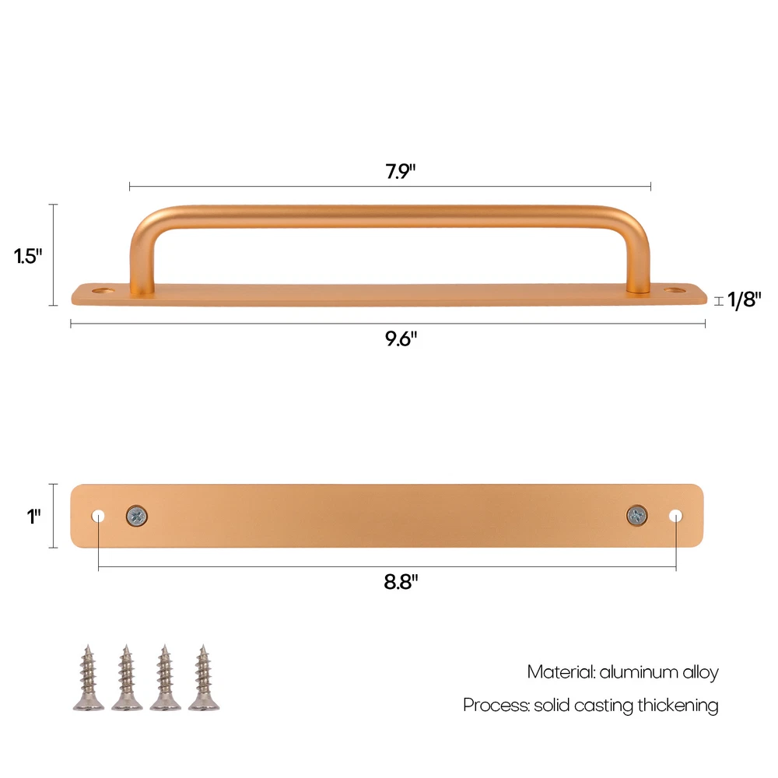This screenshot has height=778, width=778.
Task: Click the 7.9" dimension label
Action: click(x=400, y=171)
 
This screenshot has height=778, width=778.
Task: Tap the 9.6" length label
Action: click(x=401, y=339)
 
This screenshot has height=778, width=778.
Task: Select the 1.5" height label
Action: click(x=28, y=256)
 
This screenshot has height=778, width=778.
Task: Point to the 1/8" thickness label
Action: click(x=744, y=300)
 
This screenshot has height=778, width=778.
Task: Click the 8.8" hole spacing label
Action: click(x=401, y=581)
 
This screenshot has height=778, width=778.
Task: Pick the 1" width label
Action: click(x=33, y=517)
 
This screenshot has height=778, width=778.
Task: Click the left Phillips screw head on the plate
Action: click(x=136, y=516)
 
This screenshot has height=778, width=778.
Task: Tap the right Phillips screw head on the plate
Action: click(x=636, y=516)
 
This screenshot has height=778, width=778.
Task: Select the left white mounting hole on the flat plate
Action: click(x=98, y=516)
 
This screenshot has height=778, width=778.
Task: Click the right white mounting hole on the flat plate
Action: click(x=675, y=516)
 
